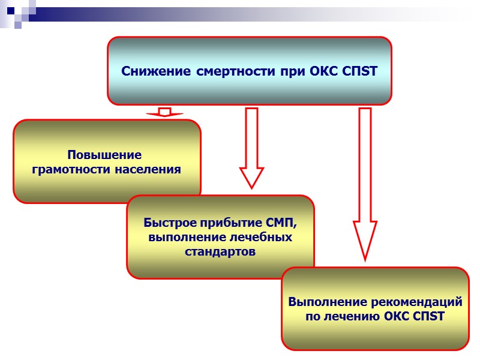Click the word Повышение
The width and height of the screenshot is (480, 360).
[x=104, y=155]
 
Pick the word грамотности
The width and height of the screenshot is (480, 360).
[x=70, y=169]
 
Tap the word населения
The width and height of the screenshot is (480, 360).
[x=146, y=169]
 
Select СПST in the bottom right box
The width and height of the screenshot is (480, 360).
[x=429, y=316]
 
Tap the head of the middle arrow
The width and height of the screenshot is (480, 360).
[x=251, y=178]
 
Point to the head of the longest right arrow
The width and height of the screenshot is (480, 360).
[x=364, y=240]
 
